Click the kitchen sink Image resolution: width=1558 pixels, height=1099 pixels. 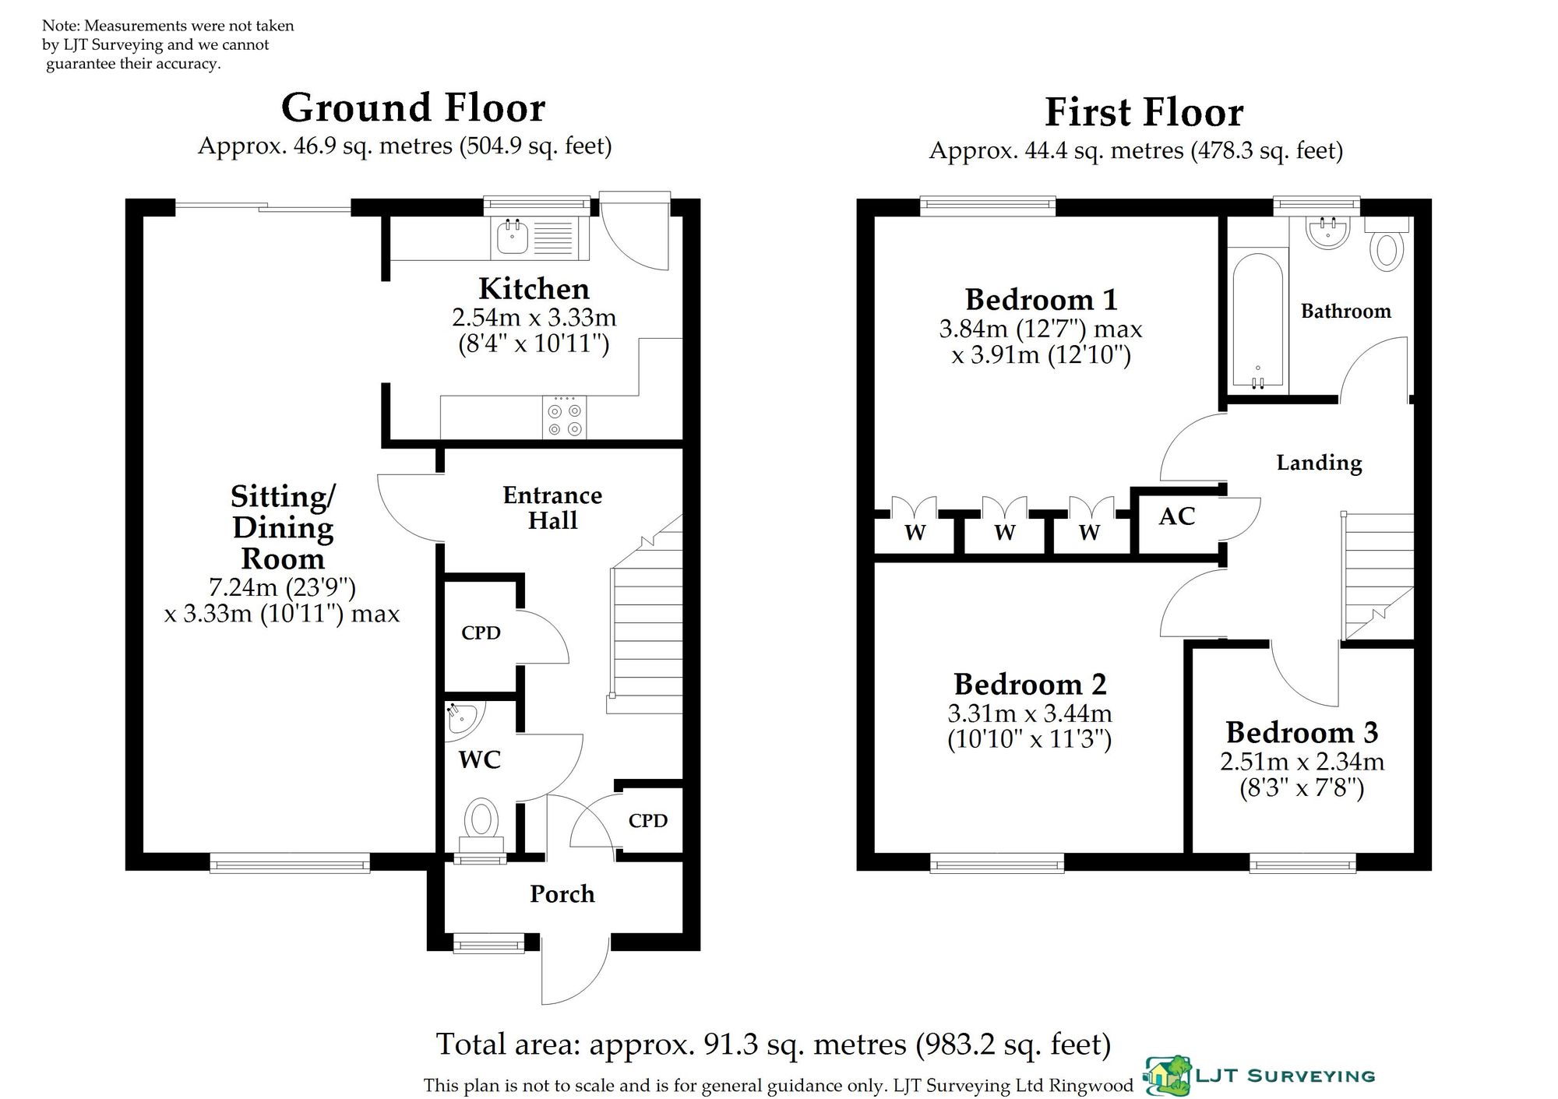[539, 237]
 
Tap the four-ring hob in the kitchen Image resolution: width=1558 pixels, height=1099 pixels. [565, 418]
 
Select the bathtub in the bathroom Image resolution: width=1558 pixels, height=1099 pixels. [1258, 320]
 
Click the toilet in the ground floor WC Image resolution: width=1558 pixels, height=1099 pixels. [482, 826]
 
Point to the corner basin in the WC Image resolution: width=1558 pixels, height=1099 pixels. [463, 717]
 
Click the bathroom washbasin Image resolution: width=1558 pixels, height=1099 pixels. [1327, 232]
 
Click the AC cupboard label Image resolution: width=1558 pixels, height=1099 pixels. [1176, 516]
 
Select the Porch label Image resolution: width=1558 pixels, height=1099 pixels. [562, 894]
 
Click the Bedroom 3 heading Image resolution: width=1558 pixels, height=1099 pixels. [1302, 733]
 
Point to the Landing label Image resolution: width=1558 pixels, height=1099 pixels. [1319, 463]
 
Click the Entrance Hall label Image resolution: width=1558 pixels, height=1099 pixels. [552, 508]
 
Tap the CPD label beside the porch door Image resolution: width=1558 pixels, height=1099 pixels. [648, 821]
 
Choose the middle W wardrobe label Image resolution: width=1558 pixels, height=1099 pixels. [1005, 533]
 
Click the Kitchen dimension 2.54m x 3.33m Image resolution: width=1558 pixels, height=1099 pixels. [534, 318]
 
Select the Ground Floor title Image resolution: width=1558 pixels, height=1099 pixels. [413, 108]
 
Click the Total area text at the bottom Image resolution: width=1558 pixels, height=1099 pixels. [774, 1044]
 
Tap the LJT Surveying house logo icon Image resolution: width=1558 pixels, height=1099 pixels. [1166, 1075]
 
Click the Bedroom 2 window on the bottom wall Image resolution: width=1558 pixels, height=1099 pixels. [997, 862]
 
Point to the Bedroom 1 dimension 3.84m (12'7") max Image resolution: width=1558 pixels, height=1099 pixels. [1041, 329]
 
